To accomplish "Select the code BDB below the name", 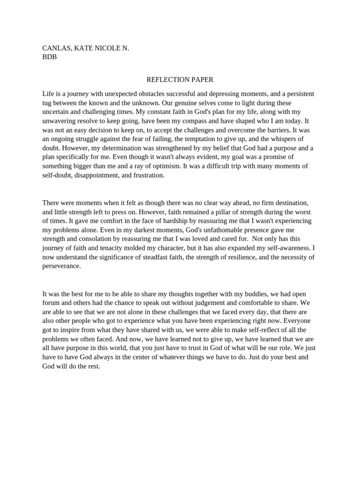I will pyautogui.click(x=49, y=57).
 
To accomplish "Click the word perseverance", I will pyautogui.click(x=61, y=266).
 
